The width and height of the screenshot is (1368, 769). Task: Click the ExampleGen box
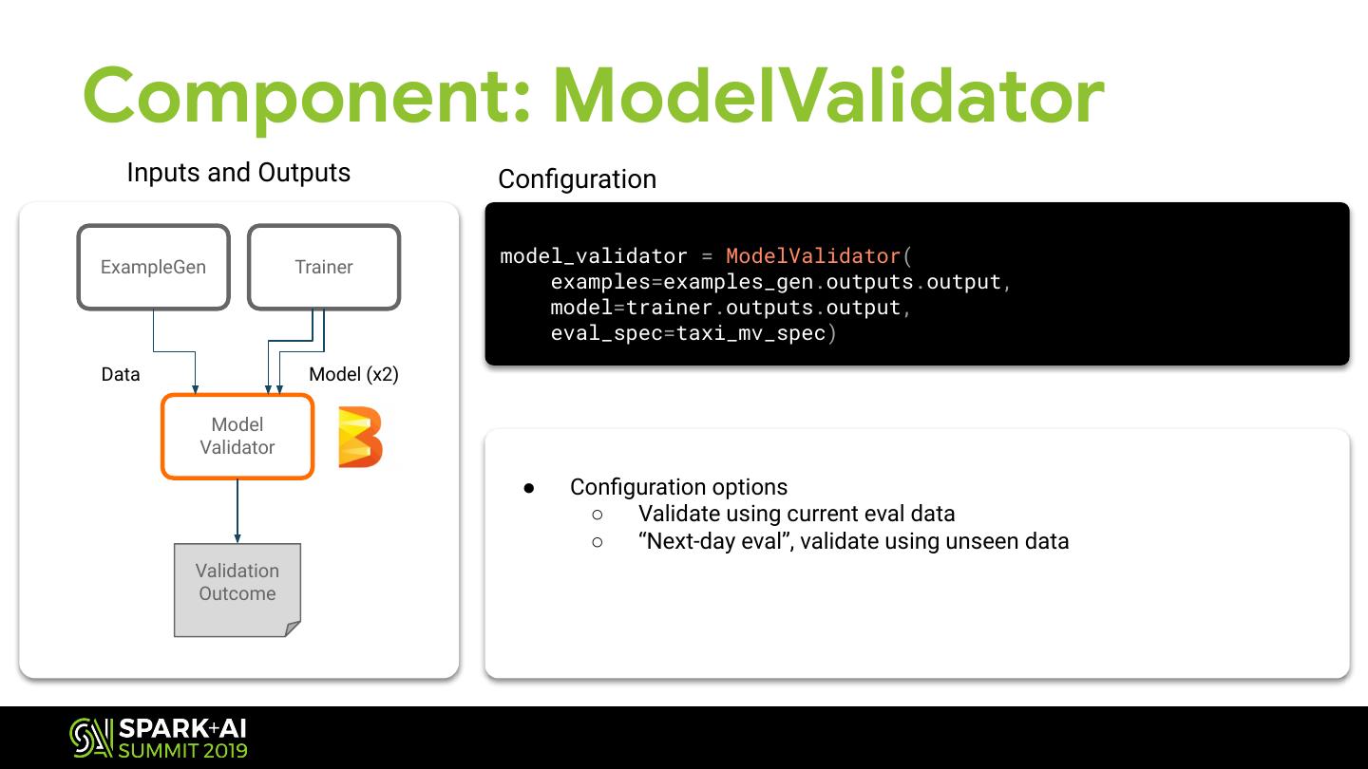(153, 267)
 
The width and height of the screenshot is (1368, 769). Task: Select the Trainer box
(323, 267)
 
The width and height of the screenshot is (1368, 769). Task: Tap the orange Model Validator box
(237, 436)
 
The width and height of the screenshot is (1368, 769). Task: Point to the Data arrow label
(121, 374)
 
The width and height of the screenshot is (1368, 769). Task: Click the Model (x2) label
(353, 374)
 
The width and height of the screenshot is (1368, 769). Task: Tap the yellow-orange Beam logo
(360, 437)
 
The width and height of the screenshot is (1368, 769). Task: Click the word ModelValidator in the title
(828, 96)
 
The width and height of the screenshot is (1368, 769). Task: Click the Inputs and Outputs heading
(238, 173)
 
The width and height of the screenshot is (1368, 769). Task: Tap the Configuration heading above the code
(577, 179)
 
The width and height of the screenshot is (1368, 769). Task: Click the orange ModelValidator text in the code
(812, 256)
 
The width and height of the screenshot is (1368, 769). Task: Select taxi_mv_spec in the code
(750, 333)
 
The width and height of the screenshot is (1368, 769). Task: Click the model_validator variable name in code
(594, 256)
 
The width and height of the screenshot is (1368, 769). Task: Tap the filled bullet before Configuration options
(529, 488)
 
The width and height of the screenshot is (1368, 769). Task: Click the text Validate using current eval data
(796, 514)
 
